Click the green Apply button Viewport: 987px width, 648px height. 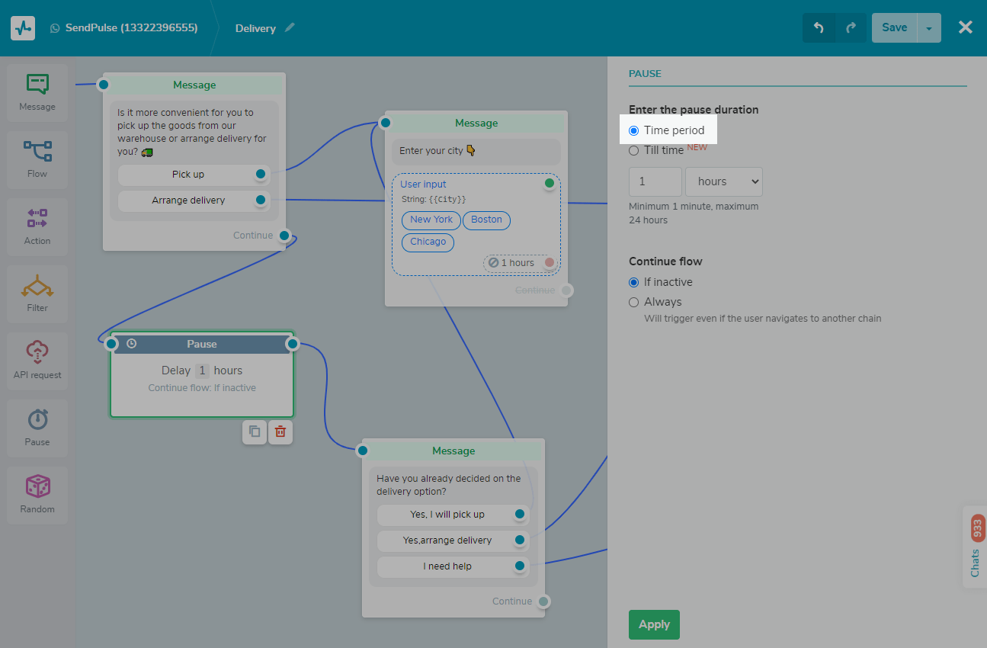pos(654,624)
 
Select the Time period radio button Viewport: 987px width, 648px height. pos(633,130)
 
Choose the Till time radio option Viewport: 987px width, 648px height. pos(633,151)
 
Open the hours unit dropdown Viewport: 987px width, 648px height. pos(724,181)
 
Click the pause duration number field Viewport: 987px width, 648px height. pos(655,181)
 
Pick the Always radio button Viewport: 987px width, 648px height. pos(633,302)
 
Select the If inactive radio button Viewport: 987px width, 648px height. pos(633,282)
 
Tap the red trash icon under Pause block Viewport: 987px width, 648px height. pos(280,431)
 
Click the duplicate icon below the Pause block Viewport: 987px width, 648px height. pos(255,431)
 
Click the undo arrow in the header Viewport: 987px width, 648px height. pos(819,27)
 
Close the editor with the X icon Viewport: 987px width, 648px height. pos(965,27)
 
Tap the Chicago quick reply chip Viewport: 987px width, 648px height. pos(428,242)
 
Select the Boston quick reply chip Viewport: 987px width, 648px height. pos(486,220)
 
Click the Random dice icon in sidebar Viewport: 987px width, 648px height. pos(37,486)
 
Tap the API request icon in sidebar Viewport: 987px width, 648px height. pos(37,351)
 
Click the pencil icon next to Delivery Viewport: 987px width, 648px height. pos(290,27)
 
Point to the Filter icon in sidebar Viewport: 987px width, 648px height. pos(37,286)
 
